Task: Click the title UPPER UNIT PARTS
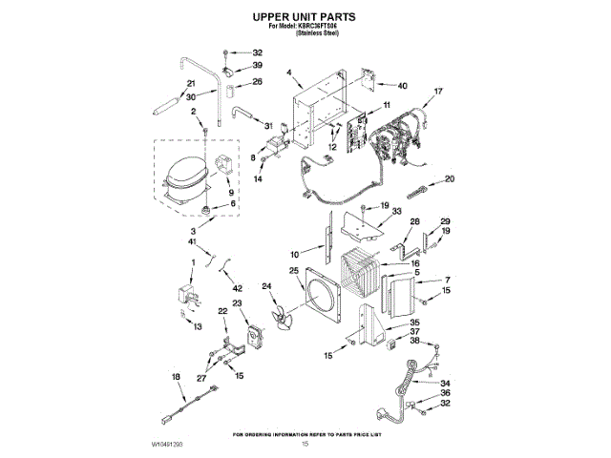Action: pyautogui.click(x=305, y=17)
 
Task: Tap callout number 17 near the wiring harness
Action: pyautogui.click(x=438, y=92)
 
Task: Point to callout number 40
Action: pyautogui.click(x=403, y=86)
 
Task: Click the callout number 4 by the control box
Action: pyautogui.click(x=287, y=73)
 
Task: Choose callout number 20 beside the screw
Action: pyautogui.click(x=450, y=178)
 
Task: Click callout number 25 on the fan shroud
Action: pyautogui.click(x=295, y=271)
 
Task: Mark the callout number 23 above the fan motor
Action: pyautogui.click(x=237, y=303)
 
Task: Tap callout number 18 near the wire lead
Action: pyautogui.click(x=175, y=378)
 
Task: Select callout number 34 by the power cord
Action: pyautogui.click(x=444, y=384)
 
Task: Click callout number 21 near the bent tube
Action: pyautogui.click(x=191, y=84)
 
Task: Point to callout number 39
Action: pyautogui.click(x=258, y=66)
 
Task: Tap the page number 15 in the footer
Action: pyautogui.click(x=305, y=445)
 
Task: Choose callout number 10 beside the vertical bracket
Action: pyautogui.click(x=295, y=254)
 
